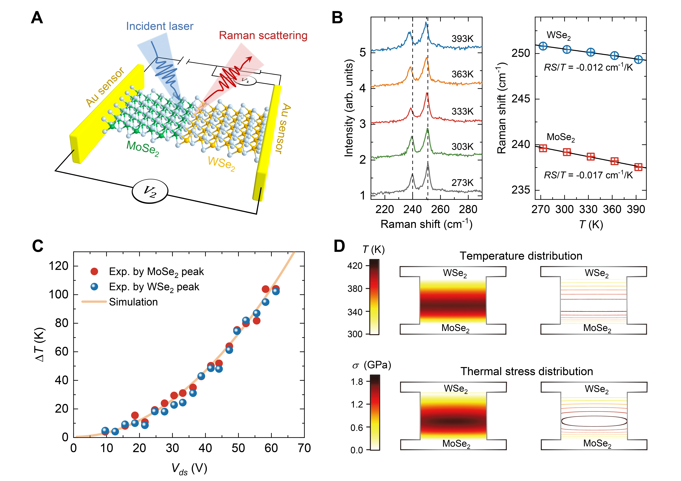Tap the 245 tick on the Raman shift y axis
(x=521, y=99)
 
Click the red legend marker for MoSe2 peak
(x=94, y=271)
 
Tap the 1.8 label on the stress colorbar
(x=357, y=382)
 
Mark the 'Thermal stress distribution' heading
(x=526, y=371)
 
